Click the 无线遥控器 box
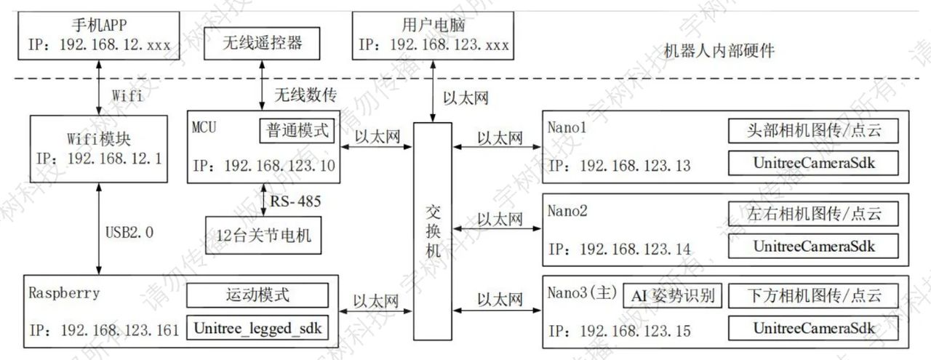coord(262,44)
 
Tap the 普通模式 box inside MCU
coord(297,131)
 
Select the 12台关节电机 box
coord(263,236)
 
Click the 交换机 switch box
coord(433,231)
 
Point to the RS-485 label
coord(295,201)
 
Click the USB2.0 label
coord(129,233)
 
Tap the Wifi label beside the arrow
coord(127,95)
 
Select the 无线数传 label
coord(305,95)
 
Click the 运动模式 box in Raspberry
coord(257,295)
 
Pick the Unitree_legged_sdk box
coord(257,328)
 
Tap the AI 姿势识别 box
coord(672,295)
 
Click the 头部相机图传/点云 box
coord(813,130)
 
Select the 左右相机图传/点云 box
coord(813,214)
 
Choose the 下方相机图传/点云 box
coord(813,295)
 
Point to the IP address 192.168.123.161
coord(120,330)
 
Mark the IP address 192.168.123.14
coord(636,249)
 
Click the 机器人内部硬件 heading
coord(719,51)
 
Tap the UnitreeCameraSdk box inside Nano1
coord(813,163)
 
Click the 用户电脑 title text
coord(433,25)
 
